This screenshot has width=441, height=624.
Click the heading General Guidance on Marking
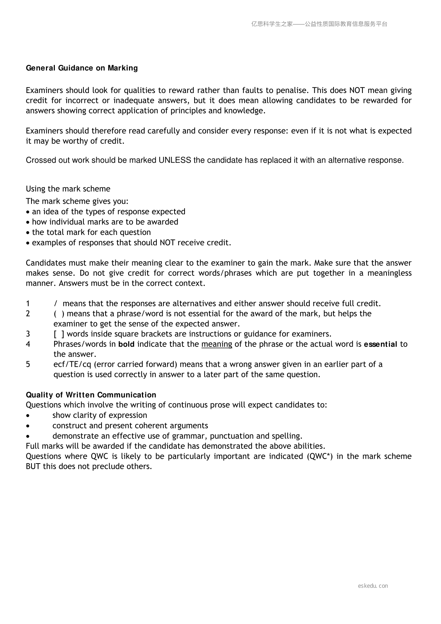pos(82,68)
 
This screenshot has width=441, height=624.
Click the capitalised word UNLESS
pos(175,160)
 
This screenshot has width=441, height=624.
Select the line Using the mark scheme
pos(68,189)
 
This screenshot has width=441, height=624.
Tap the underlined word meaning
pos(216,344)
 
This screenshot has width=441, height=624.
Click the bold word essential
pos(381,344)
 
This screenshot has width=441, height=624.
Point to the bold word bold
pos(126,344)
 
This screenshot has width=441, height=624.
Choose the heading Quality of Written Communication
pos(91,395)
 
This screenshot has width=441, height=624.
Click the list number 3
pos(28,334)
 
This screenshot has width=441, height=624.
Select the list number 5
pos(28,365)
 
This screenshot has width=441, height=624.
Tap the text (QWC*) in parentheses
pos(319,457)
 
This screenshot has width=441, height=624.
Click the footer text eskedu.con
pos(373,586)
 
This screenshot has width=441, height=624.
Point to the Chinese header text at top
pos(319,24)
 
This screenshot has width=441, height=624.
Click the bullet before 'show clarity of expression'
pos(28,416)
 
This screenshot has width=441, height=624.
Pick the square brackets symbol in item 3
pos(59,334)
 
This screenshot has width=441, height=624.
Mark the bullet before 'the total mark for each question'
pos(28,233)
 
